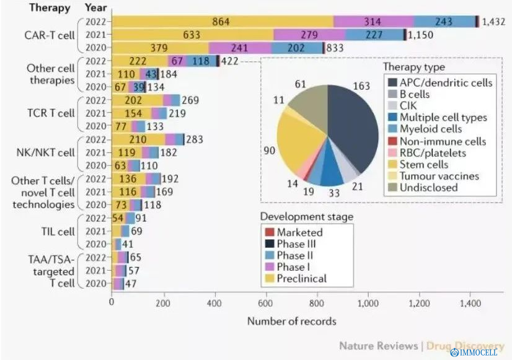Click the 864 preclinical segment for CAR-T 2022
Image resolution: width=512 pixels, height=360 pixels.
(222, 22)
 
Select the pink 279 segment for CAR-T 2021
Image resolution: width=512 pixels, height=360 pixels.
(309, 35)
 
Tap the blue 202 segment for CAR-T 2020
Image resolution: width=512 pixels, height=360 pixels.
(297, 48)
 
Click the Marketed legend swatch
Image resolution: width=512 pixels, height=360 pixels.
(268, 232)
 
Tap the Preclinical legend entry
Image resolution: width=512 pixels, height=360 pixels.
(301, 278)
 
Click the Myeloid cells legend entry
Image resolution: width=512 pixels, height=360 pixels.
(430, 129)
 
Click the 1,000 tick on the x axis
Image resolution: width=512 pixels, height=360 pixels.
(368, 304)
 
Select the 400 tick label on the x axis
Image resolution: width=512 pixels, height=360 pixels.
(214, 304)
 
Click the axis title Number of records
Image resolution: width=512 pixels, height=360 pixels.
(291, 321)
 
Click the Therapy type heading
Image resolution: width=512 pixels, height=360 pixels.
(413, 68)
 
